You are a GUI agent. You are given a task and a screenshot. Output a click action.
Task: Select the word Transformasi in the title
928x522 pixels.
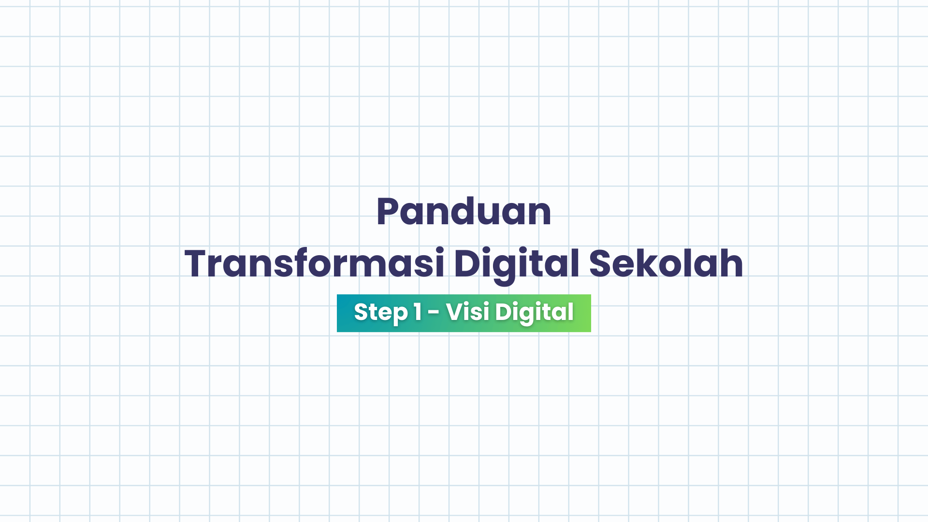314,264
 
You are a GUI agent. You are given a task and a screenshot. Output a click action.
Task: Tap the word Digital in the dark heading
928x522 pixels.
516,264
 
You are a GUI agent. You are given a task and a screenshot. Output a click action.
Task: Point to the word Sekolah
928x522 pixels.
666,264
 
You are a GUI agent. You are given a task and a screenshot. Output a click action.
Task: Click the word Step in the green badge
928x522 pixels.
381,312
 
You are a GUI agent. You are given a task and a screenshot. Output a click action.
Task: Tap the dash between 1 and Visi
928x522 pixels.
434,313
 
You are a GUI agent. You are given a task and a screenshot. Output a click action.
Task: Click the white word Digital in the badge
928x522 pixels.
534,312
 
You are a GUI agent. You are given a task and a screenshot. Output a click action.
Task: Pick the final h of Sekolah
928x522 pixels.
731,264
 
